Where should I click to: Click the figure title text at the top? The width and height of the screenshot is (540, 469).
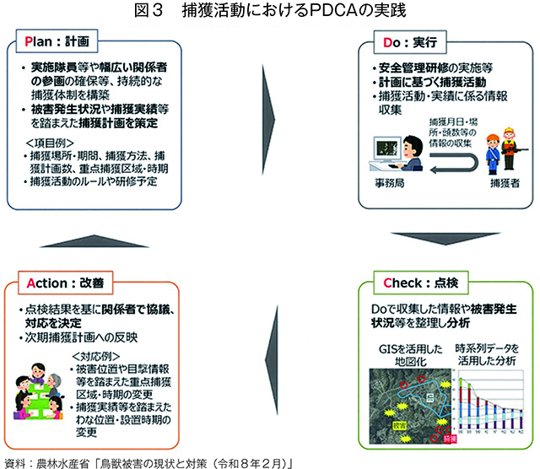point(269,11)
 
